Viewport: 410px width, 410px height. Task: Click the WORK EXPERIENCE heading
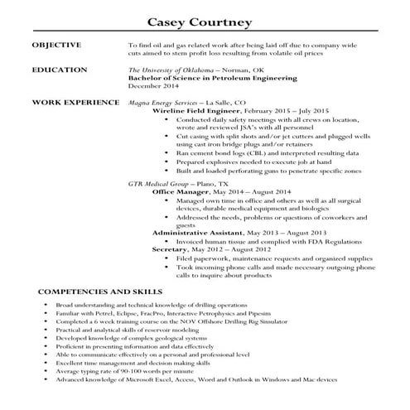[x=74, y=101]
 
